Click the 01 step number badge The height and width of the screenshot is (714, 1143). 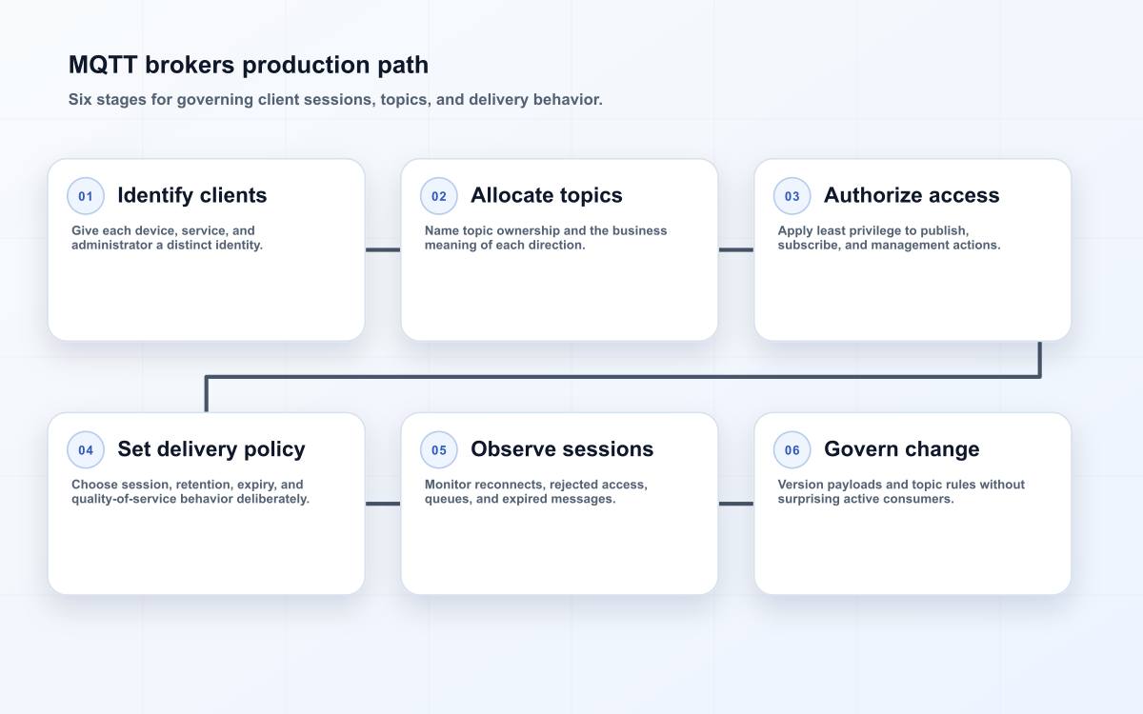[x=86, y=196]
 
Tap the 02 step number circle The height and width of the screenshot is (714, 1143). [x=439, y=196]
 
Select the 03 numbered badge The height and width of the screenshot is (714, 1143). [x=792, y=196]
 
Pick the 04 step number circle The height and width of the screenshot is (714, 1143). [x=86, y=449]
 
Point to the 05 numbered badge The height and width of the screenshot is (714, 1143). [x=439, y=449]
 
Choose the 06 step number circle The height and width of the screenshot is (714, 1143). [x=792, y=449]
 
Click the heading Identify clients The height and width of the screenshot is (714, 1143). [x=191, y=195]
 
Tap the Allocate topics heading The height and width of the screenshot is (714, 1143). [x=547, y=195]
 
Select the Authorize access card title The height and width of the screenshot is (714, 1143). [x=912, y=195]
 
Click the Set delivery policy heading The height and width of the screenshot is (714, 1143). [x=211, y=449]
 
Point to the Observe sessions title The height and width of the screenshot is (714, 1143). [x=562, y=449]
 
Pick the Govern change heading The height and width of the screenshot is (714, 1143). [x=902, y=449]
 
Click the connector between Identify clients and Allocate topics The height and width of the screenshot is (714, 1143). [x=383, y=249]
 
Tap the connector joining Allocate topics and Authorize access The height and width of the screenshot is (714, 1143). [x=735, y=249]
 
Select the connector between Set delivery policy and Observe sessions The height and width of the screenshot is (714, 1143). [x=383, y=504]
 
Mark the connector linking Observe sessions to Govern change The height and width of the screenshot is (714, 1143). [x=735, y=504]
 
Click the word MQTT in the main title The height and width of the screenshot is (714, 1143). [x=103, y=66]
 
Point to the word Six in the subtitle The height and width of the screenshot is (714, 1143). [x=80, y=99]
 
